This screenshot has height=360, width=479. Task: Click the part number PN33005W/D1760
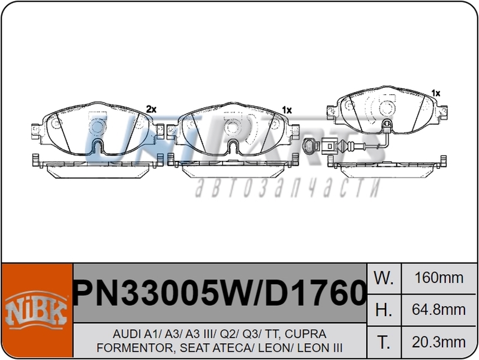tap(219, 294)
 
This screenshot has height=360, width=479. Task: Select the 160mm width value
tap(439, 278)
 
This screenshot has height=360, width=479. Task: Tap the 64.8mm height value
tap(439, 310)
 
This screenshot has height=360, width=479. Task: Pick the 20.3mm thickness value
tap(439, 342)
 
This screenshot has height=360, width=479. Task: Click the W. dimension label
tap(383, 278)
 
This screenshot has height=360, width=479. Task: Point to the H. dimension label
tap(383, 310)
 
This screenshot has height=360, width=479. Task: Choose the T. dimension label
tap(383, 342)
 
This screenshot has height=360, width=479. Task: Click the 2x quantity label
tap(151, 109)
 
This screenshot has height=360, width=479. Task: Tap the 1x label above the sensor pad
tap(436, 93)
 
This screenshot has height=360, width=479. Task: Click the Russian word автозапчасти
tap(287, 188)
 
